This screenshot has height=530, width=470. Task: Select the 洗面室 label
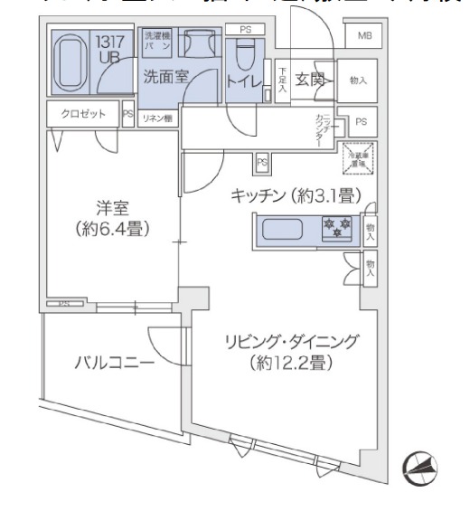165,77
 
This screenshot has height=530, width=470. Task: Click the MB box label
363,36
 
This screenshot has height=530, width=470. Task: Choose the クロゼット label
82,114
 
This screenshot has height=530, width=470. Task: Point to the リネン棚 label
157,118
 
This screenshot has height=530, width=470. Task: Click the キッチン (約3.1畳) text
296,194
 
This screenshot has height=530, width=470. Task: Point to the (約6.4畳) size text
113,228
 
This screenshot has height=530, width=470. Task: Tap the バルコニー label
113,364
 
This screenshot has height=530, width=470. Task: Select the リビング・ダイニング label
291,342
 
